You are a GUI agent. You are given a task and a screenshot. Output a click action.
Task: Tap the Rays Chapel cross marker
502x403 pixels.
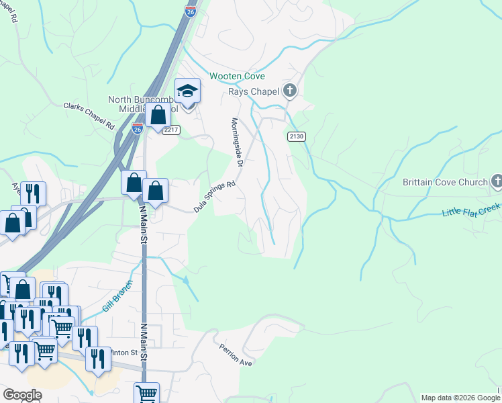pos(290,91)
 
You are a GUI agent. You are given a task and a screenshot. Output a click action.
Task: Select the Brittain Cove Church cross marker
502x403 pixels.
pos(497,181)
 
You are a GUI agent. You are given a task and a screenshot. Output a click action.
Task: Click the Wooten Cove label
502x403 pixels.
pos(237,77)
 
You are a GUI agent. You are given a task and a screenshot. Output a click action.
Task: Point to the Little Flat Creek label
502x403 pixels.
pos(471,211)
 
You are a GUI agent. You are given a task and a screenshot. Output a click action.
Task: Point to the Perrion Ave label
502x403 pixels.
pos(235,355)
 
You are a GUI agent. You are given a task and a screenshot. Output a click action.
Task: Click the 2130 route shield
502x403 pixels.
pos(297,136)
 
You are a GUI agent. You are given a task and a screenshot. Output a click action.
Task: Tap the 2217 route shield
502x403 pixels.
pos(170,130)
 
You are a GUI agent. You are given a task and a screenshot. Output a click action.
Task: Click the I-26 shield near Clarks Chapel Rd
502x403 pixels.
pos(137,129)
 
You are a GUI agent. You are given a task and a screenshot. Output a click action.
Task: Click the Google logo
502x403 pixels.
pos(22,395)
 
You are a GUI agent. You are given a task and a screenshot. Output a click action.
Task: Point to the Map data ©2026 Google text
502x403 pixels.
pos(460,398)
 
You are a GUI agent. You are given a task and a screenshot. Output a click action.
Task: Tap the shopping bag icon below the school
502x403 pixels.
pos(158,116)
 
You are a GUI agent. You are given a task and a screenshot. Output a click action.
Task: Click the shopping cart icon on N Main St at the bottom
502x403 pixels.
pos(146,393)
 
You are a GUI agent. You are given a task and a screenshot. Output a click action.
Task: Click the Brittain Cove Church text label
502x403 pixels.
pos(444,183)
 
